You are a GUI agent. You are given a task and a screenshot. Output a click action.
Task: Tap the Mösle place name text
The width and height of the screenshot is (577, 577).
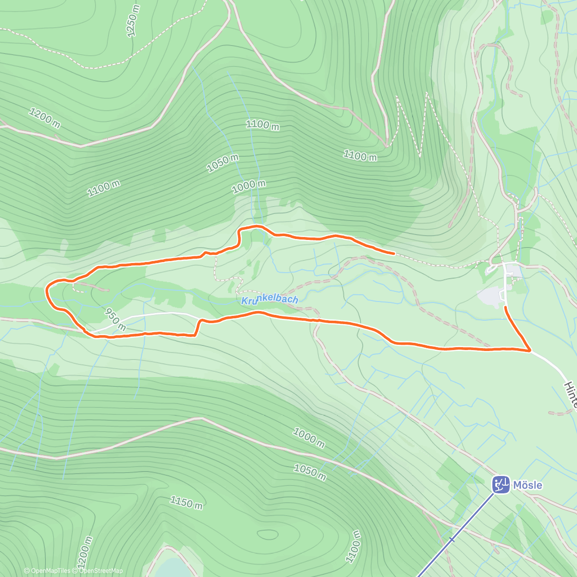tap(527, 485)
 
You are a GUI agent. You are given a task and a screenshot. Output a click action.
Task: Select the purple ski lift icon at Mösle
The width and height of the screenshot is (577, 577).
tap(501, 484)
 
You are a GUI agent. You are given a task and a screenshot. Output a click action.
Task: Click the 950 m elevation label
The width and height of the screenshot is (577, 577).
tap(115, 320)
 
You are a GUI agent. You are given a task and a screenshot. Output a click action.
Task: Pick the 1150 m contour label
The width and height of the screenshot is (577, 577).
tap(186, 503)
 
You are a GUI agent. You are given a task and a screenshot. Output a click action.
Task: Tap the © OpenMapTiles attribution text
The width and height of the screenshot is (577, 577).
tap(47, 571)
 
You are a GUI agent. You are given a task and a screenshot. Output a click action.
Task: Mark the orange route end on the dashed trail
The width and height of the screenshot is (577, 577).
tap(394, 252)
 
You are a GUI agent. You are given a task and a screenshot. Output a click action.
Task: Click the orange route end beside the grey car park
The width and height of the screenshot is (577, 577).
tap(505, 307)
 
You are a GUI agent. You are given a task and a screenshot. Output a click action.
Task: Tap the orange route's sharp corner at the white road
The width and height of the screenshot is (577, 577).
tap(529, 351)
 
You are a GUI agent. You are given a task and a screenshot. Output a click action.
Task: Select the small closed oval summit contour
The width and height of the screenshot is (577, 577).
tap(267, 534)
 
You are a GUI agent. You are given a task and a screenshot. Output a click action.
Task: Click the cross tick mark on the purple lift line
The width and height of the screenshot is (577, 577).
tap(452, 539)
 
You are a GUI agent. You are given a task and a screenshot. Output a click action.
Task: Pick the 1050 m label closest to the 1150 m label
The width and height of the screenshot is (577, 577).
tap(310, 472)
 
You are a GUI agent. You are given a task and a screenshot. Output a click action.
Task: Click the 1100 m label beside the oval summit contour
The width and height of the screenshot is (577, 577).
tap(354, 546)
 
